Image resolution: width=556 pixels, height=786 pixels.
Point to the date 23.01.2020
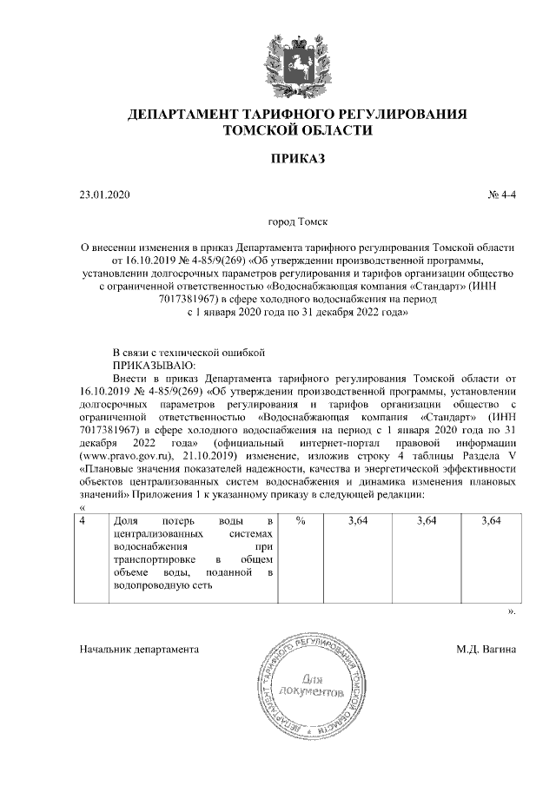point(103,195)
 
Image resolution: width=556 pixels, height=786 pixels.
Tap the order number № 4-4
point(501,195)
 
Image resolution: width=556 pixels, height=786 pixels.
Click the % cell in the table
point(301,521)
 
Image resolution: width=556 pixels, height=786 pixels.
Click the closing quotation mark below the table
point(511,611)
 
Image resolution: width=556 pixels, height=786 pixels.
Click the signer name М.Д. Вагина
point(486,649)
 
